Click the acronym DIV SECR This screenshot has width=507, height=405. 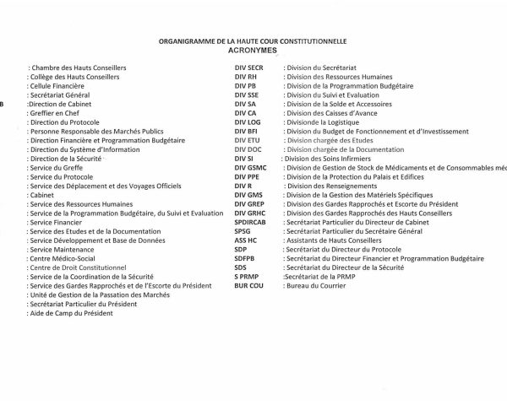pyautogui.click(x=249, y=66)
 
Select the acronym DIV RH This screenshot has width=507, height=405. pyautogui.click(x=245, y=77)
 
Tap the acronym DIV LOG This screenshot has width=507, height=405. pyautogui.click(x=248, y=122)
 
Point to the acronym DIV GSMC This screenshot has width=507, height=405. pyautogui.click(x=251, y=169)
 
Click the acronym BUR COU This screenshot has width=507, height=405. pyautogui.click(x=249, y=286)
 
